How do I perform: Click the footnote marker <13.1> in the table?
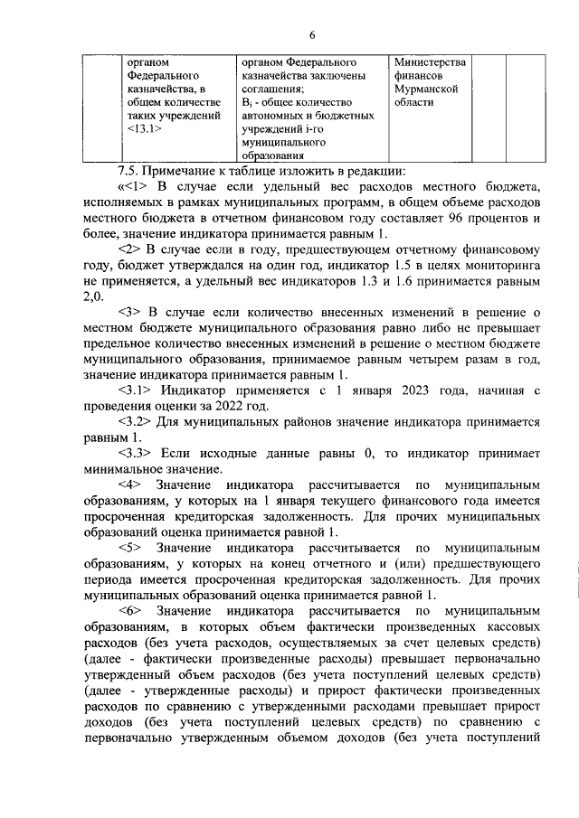(x=145, y=129)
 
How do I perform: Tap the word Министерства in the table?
(x=431, y=61)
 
